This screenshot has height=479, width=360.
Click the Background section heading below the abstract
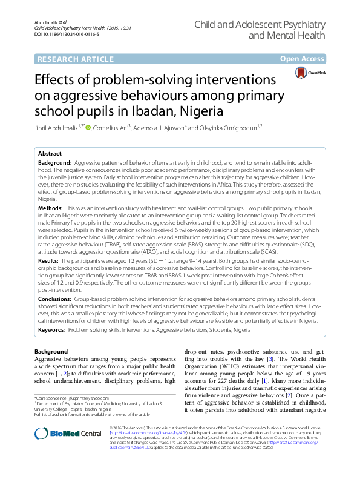tap(51, 351)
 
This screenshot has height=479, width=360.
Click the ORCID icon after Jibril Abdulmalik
tap(88, 127)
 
